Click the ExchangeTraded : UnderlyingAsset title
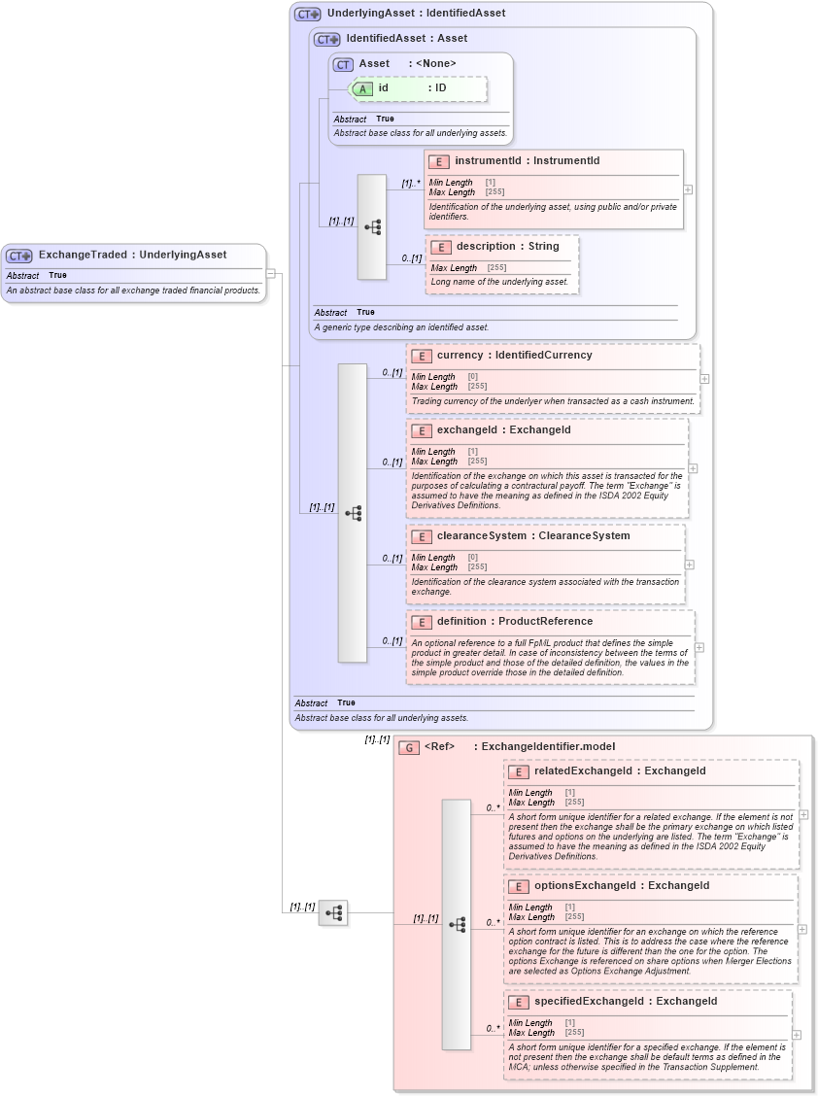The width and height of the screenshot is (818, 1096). [x=132, y=255]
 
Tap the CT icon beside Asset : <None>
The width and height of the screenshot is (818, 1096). [x=343, y=64]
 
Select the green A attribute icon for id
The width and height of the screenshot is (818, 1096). [x=362, y=88]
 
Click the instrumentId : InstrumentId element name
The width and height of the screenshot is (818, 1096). [x=527, y=160]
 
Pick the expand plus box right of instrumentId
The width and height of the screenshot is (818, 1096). [x=688, y=189]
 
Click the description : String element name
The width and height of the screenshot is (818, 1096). [x=507, y=246]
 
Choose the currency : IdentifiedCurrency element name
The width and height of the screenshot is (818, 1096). [x=514, y=355]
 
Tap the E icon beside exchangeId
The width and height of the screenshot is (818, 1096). [x=422, y=430]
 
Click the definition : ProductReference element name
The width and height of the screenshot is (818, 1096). [x=514, y=621]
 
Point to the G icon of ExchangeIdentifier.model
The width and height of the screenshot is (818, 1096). [x=410, y=747]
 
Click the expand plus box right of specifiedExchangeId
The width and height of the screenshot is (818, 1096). [x=797, y=1035]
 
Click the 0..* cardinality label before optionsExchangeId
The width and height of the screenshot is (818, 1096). [x=493, y=922]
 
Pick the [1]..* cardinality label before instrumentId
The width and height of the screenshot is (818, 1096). [x=410, y=183]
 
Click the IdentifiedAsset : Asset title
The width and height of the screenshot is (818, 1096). [x=406, y=38]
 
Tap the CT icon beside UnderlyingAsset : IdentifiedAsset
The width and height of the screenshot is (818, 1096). [x=308, y=15]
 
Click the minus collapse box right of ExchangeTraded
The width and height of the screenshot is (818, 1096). [x=272, y=273]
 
